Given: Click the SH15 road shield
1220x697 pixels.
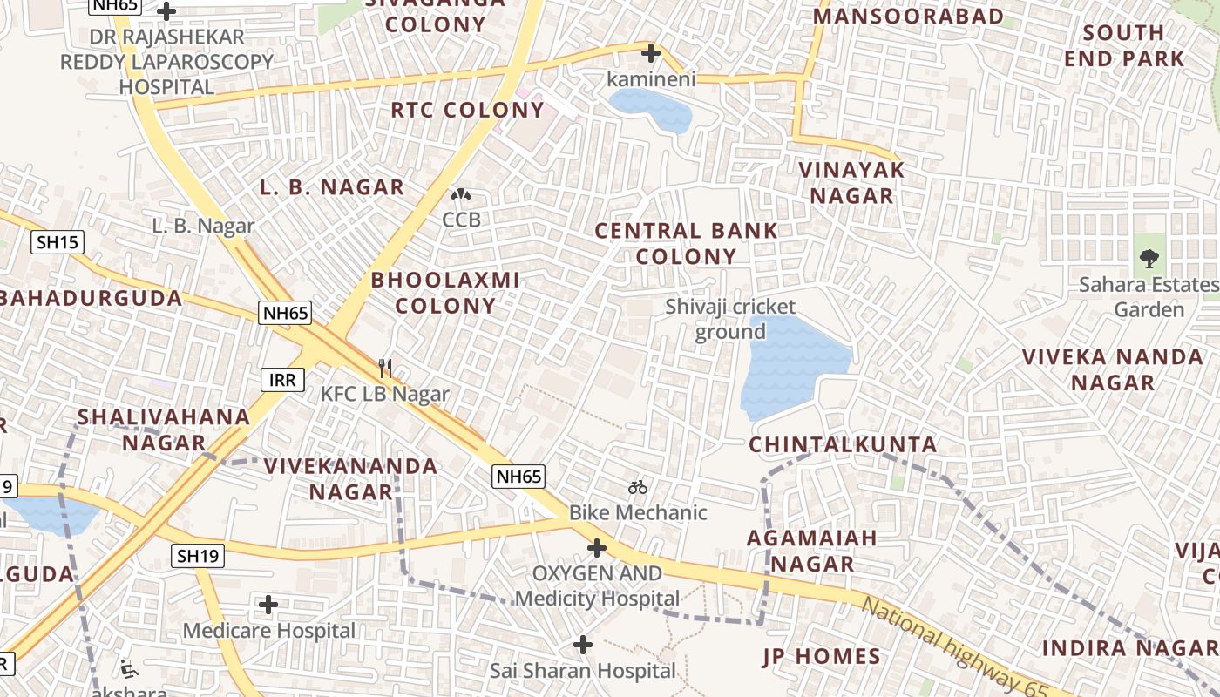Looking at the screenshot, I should (58, 242).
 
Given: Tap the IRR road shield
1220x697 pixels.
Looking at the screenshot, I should (282, 380).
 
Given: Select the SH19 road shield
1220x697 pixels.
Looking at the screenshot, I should (198, 556).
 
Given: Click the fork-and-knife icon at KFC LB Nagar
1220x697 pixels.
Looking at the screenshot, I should (385, 369).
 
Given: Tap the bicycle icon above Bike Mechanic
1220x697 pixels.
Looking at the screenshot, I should (638, 487).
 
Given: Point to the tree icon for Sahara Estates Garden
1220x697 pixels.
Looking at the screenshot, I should (1149, 259).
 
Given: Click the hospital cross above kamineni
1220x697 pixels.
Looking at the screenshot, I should (650, 54).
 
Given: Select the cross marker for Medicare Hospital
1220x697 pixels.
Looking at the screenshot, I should (268, 604).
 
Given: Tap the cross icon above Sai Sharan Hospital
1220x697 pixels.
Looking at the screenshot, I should (583, 645).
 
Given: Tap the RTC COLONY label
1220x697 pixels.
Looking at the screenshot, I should (467, 111).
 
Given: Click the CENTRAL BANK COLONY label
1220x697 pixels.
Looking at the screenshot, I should (686, 244).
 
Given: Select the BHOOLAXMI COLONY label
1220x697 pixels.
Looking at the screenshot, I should (445, 293).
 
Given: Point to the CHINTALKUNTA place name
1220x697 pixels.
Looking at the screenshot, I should (843, 445).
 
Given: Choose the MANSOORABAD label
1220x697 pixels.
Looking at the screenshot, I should (908, 17).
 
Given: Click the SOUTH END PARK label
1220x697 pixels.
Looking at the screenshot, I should (1135, 46).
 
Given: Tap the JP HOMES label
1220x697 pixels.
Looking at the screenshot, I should (822, 657).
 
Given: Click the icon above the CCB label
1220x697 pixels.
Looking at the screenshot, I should (461, 194).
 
